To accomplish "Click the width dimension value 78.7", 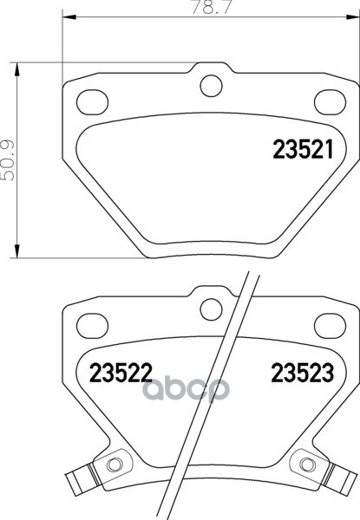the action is pos(210,7).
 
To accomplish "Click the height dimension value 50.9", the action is pos(8,160).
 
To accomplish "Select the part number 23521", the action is pos(303,150).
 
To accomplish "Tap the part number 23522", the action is pos(121,373).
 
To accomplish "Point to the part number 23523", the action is pos(302,373).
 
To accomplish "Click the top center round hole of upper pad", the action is pos(211,86).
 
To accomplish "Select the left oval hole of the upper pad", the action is pos(92,102).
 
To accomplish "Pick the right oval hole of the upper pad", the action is pos(331,102).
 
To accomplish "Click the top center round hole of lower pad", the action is pos(211,309).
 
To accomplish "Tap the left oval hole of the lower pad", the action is pos(92,325).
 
